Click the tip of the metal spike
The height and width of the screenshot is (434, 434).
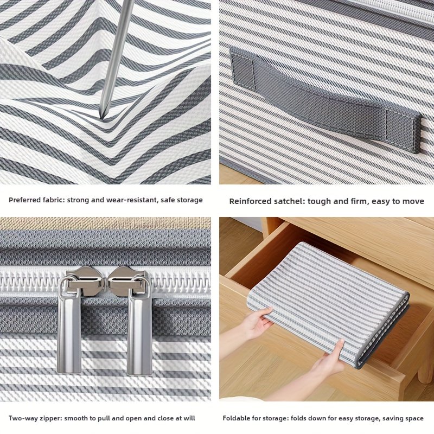(101, 115)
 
